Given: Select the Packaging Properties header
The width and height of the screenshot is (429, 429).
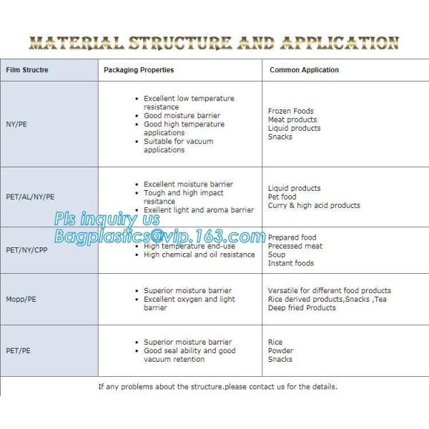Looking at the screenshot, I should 139,70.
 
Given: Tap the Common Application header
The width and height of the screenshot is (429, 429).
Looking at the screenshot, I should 304,70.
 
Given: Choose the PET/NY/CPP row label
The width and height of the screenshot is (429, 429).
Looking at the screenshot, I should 27,250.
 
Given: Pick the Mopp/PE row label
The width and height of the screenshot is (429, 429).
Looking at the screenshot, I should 21,300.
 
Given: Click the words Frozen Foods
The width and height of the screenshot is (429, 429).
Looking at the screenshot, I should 290,112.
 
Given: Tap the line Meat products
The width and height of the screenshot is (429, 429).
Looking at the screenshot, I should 292,120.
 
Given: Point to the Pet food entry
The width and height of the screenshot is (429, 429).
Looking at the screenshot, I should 282,197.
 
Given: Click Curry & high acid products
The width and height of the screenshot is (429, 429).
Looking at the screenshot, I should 314,205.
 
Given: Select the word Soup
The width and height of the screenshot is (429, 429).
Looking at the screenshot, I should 276,255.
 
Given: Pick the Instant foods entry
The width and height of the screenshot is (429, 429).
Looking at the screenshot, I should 290,263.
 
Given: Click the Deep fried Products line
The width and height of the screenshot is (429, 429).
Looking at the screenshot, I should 302,307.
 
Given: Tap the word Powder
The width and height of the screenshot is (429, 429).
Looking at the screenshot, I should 280,351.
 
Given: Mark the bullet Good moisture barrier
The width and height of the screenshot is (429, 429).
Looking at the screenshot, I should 182,116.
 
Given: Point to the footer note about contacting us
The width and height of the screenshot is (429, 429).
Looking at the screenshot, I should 217,387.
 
